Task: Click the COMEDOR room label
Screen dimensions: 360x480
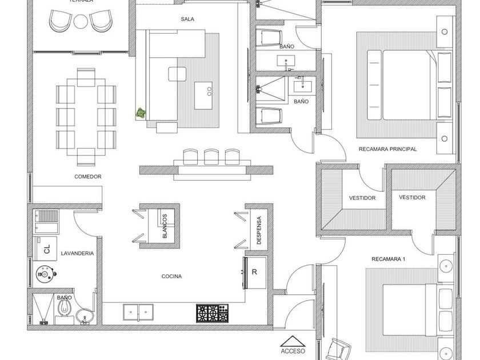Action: point(87,177)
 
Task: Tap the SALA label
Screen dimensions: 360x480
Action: point(187,19)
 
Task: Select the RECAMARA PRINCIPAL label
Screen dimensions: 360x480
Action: point(387,149)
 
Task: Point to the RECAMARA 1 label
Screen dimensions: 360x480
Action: point(388,259)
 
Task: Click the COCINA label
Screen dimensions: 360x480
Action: point(171,277)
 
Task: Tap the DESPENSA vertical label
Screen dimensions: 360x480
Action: point(259,230)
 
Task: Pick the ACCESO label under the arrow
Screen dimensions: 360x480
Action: point(293,351)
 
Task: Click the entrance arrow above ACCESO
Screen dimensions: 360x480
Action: point(293,341)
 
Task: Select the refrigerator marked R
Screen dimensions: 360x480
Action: point(254,273)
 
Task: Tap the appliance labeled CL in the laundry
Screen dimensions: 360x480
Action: point(47,249)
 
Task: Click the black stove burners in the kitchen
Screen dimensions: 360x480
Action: point(212,313)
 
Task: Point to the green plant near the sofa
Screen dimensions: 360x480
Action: point(141,114)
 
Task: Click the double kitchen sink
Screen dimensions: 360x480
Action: point(138,312)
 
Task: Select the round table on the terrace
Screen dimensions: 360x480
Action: point(80,22)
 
